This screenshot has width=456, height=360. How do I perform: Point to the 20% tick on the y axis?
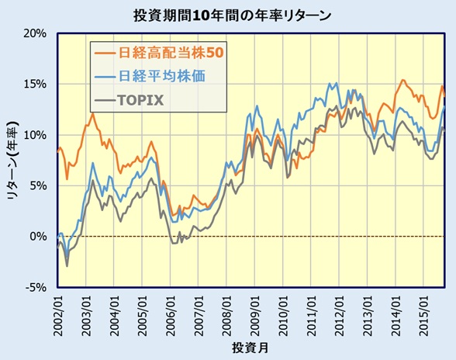coord(36,33)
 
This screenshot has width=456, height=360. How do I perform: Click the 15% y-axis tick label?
coord(36,84)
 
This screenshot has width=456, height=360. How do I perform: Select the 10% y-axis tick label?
coord(36,135)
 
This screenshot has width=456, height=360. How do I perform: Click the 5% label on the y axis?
coord(39,185)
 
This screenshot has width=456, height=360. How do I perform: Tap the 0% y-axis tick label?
coord(39,236)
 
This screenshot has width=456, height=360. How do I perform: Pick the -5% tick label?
coord(36,287)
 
